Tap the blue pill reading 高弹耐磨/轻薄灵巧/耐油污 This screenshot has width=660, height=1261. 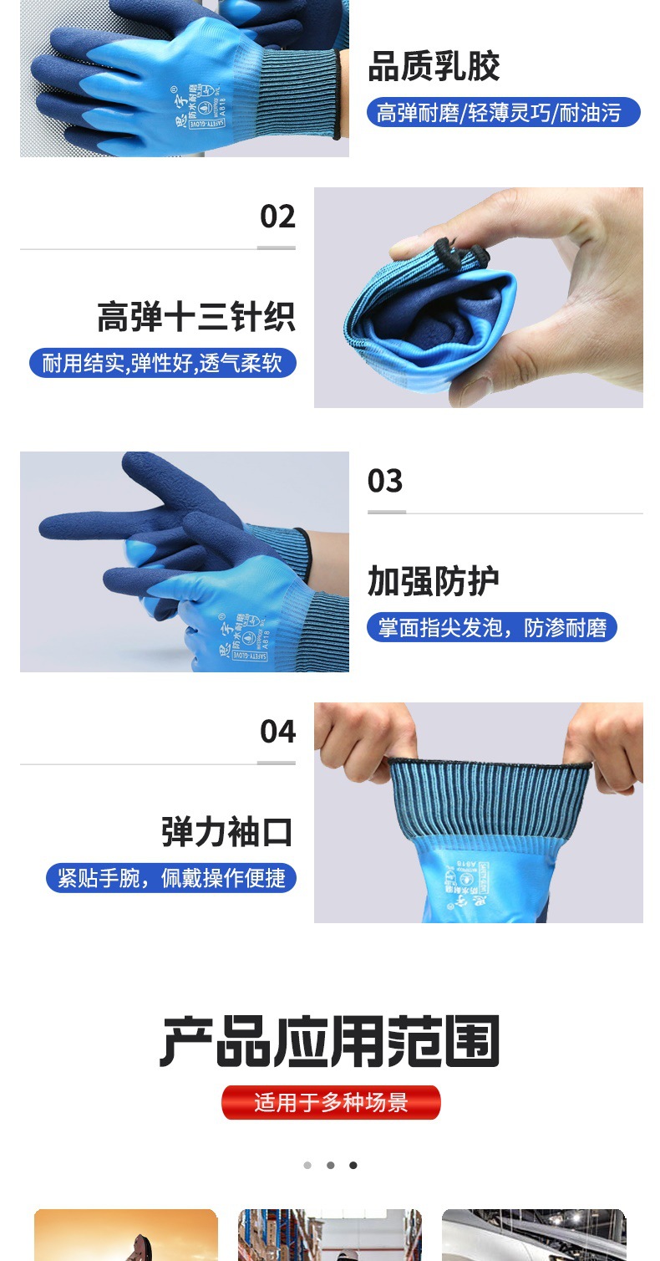503,112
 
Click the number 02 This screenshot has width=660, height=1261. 277,217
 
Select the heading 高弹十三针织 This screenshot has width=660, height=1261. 196,318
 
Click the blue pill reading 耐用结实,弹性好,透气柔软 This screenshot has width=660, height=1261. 162,363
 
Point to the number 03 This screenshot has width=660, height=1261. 385,481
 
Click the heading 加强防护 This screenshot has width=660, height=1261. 434,582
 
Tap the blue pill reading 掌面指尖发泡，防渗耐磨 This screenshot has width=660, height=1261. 491,627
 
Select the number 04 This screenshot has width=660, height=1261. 277,732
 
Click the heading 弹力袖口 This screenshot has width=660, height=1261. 228,833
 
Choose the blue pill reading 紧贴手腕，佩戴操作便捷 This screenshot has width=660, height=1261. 170,878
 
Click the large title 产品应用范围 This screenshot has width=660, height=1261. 330,1042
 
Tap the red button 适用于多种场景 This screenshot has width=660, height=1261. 331,1102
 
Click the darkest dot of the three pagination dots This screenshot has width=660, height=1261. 353,1165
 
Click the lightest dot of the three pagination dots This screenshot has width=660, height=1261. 307,1165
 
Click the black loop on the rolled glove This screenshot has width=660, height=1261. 457,248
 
